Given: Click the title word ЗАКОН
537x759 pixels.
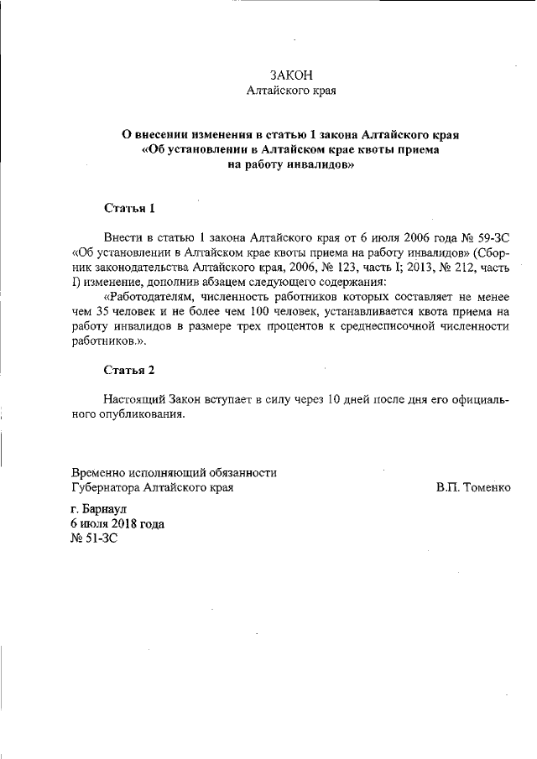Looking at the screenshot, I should click(x=291, y=75).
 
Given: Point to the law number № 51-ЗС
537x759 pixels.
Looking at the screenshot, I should click(x=94, y=539).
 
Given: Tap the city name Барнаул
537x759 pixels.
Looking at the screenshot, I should click(x=106, y=509).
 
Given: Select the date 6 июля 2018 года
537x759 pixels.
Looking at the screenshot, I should click(x=117, y=524).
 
